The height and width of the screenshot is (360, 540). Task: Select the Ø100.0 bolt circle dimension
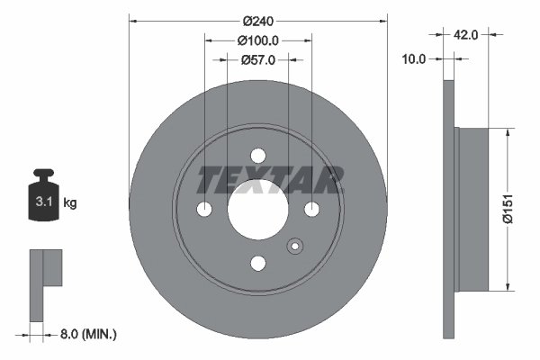coord(258,40)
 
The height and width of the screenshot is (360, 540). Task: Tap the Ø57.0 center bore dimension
coord(258,59)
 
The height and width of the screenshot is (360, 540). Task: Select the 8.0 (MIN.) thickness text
coord(87,334)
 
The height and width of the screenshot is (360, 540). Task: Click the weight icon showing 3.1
coord(43,199)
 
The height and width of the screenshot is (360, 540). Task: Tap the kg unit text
coord(70,203)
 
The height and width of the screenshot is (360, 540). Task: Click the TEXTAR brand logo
coord(271,180)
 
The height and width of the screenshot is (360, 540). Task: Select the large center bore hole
coord(258,209)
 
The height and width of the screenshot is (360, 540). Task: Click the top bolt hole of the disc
coord(258,155)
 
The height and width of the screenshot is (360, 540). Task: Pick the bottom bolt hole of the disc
coord(258,263)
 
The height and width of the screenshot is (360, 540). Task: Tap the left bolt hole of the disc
coord(204,209)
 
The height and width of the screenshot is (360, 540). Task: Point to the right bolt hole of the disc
coord(312,209)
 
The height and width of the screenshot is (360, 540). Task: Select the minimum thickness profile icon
coord(44,281)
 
